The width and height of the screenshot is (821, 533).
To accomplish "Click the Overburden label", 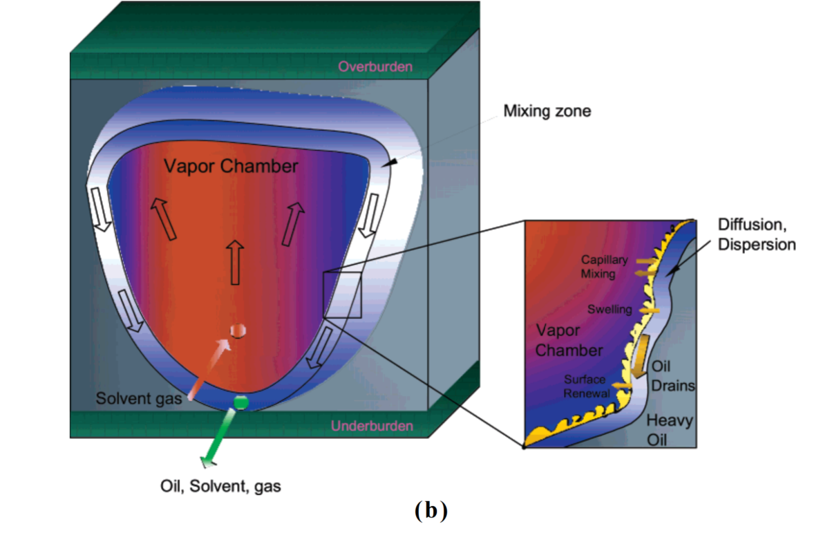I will point(375,67).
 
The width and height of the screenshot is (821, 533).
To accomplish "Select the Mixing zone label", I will point(547,111).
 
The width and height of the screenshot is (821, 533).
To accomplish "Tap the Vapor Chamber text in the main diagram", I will point(232,166).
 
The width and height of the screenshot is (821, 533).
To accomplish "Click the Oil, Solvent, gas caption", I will point(220,487).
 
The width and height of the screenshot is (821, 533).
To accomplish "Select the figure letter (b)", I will point(431,511).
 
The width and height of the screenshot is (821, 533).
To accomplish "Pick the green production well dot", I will point(240,402).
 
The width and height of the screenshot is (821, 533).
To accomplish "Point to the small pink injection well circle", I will point(237,330).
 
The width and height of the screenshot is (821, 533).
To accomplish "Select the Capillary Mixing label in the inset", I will point(604,266).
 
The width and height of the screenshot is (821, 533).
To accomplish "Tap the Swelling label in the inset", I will point(610,309).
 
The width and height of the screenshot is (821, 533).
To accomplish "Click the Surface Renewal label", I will point(587,386).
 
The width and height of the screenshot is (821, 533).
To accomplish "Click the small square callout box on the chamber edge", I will point(342,295).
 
